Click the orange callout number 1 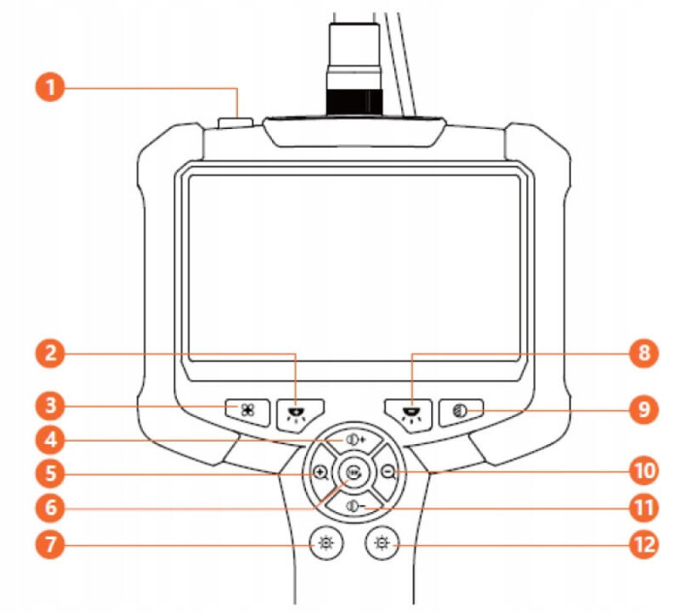tap(53, 87)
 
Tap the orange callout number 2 tap(53, 355)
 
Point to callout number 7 tap(53, 544)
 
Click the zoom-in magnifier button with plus tap(320, 473)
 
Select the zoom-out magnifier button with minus tap(388, 473)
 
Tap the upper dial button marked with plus tap(354, 441)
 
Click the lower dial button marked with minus tap(354, 506)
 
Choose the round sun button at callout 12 tap(382, 544)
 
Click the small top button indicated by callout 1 tap(230, 124)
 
